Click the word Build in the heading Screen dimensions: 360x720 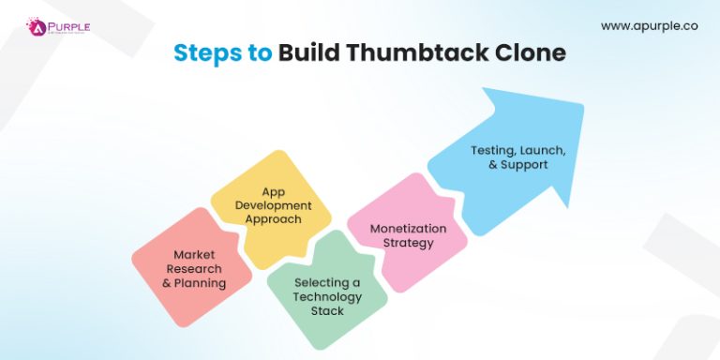tap(310, 52)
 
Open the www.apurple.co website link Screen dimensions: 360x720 tap(648, 25)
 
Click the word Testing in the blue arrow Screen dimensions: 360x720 tap(492, 149)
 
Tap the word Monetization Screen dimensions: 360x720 tap(408, 228)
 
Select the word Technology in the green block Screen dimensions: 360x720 tap(327, 296)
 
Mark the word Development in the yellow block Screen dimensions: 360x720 tap(274, 205)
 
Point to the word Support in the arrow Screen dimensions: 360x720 tap(525, 164)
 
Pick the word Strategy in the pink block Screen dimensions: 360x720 tap(408, 243)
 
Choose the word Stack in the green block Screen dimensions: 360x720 tap(327, 310)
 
